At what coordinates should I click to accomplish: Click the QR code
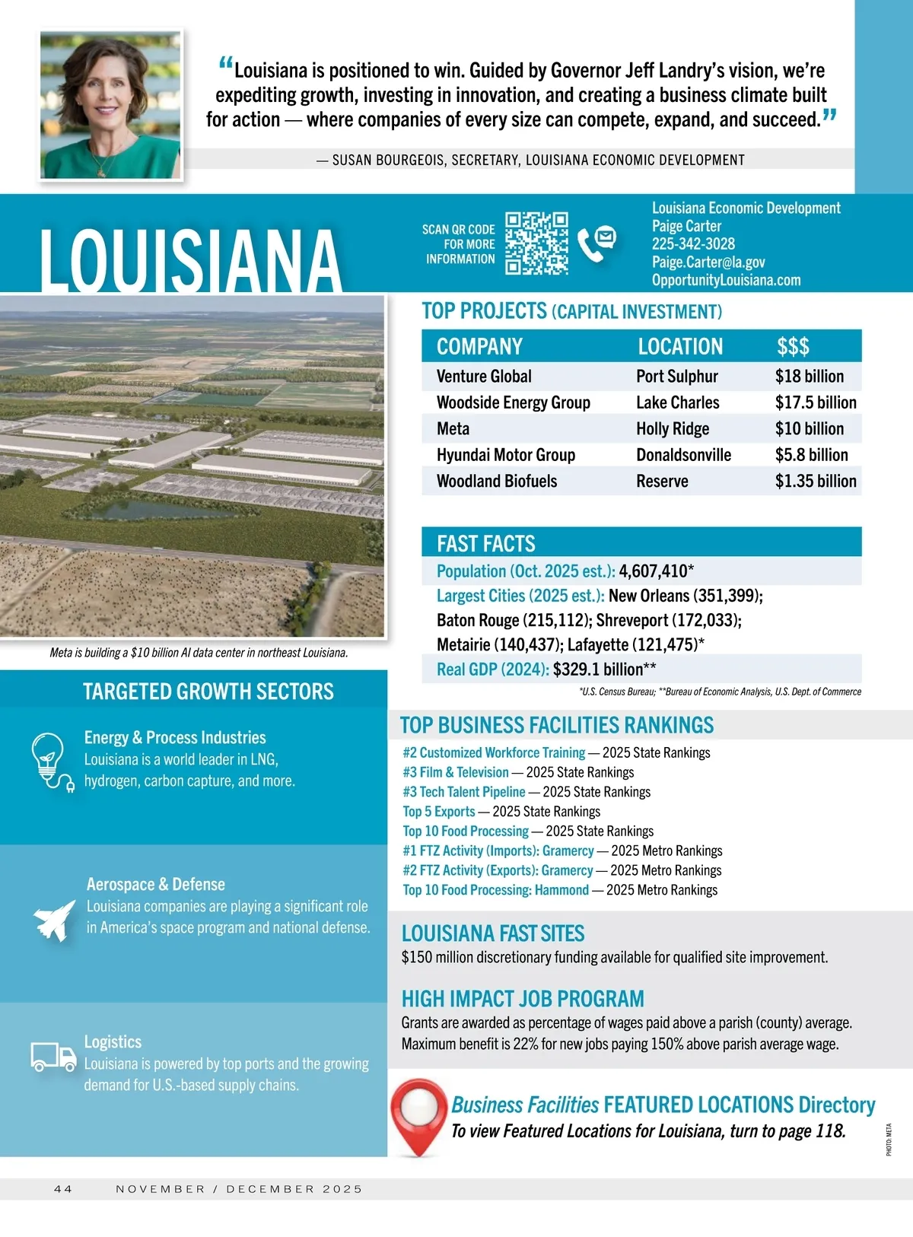pyautogui.click(x=536, y=243)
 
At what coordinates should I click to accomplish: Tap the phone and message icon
pyautogui.click(x=596, y=243)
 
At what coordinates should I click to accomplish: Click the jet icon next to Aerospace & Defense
pyautogui.click(x=55, y=920)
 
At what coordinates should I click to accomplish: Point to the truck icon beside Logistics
pyautogui.click(x=53, y=1057)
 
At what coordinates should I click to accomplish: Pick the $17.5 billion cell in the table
pyautogui.click(x=816, y=402)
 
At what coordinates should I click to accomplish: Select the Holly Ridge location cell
pyautogui.click(x=673, y=429)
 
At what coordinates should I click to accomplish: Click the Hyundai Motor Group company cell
pyautogui.click(x=505, y=455)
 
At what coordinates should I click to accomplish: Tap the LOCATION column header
pyautogui.click(x=680, y=347)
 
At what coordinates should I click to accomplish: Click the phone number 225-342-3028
pyautogui.click(x=693, y=244)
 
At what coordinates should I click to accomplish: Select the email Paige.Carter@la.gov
pyautogui.click(x=708, y=262)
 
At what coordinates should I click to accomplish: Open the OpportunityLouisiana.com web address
pyautogui.click(x=726, y=280)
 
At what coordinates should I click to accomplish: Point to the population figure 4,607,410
pyautogui.click(x=653, y=571)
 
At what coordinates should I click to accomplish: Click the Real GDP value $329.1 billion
pyautogui.click(x=598, y=669)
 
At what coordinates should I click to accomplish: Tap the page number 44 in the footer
pyautogui.click(x=63, y=1189)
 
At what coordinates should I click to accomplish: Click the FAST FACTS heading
pyautogui.click(x=486, y=544)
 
